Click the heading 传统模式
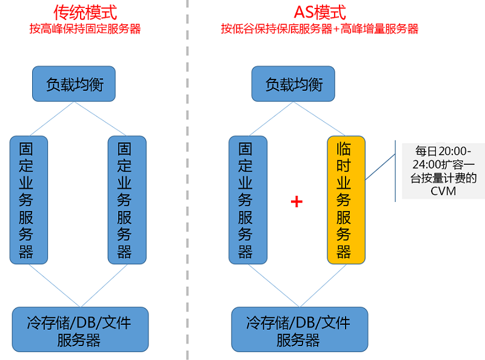[85, 12]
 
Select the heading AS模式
[319, 12]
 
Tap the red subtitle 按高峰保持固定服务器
[85, 28]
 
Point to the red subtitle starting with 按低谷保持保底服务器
[319, 28]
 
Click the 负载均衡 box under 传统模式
[74, 84]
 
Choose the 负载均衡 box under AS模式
[293, 84]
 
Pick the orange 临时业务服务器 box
[346, 200]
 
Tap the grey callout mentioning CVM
[443, 171]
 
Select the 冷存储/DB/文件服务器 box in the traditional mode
[79, 329]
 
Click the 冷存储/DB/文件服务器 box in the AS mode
[299, 329]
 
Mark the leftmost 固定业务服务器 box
[28, 200]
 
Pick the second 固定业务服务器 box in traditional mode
[126, 200]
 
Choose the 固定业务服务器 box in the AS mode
[247, 200]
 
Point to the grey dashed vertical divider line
[187, 182]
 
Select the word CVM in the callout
[443, 192]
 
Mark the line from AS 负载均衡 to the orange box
[319, 119]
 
